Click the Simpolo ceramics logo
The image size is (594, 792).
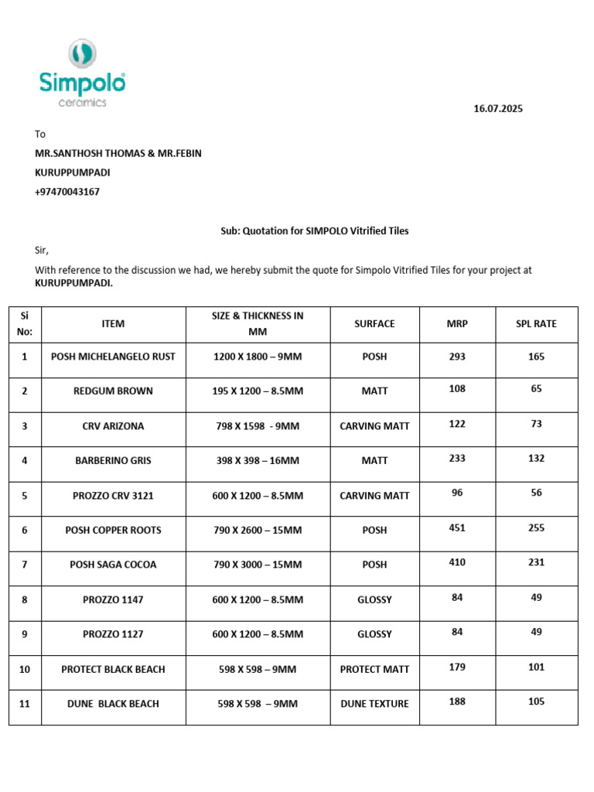click(x=81, y=74)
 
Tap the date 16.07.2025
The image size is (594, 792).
click(x=498, y=109)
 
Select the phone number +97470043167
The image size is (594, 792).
click(x=67, y=192)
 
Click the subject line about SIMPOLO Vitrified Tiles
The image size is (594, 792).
click(x=310, y=230)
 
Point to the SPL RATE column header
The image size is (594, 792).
click(x=536, y=324)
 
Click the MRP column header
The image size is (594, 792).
click(x=457, y=324)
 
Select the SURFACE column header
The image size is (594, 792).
click(x=374, y=324)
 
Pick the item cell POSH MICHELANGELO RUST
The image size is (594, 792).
click(x=113, y=357)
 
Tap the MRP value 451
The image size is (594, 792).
click(x=457, y=528)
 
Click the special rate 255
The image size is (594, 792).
click(x=536, y=528)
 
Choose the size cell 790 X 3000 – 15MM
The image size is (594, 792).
click(x=258, y=565)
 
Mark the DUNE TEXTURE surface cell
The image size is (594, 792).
click(x=374, y=704)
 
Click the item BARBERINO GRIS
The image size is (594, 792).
click(x=113, y=460)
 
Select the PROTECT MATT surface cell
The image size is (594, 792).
click(x=374, y=669)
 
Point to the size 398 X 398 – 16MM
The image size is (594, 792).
click(x=258, y=460)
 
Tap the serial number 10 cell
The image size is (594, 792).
click(x=25, y=669)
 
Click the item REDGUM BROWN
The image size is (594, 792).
click(x=113, y=391)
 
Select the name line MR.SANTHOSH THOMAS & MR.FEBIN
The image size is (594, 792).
click(x=118, y=153)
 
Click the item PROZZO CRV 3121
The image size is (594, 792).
click(x=113, y=496)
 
